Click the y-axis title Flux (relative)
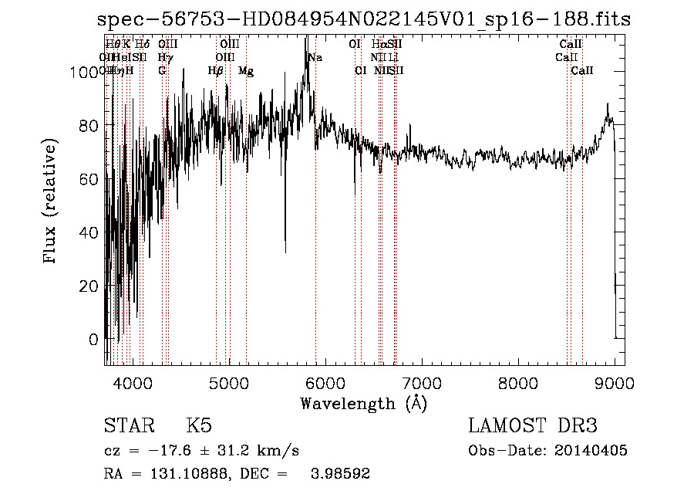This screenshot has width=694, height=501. (x=51, y=202)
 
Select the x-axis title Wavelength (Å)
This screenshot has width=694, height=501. (x=363, y=403)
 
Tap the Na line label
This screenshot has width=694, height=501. (x=315, y=58)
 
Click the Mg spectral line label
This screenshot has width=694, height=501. (x=246, y=71)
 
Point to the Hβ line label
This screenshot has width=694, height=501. (x=216, y=71)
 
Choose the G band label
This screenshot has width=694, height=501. (x=162, y=71)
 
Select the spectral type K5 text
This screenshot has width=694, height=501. (x=199, y=426)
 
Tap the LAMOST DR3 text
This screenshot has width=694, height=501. (x=533, y=426)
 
